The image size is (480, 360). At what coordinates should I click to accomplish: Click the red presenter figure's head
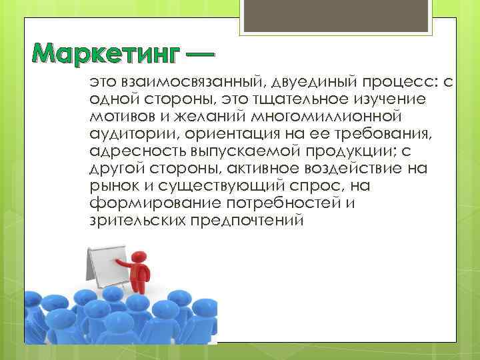click(139, 257)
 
